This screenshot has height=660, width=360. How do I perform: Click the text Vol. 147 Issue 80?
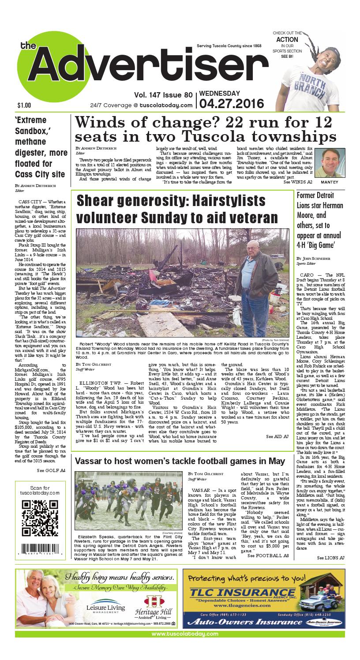click(x=164, y=94)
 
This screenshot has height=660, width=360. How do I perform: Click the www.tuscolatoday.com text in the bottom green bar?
click(x=185, y=634)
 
